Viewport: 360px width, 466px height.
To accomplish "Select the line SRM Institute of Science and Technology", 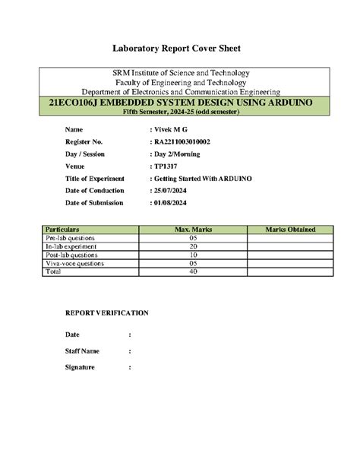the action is click(180, 73).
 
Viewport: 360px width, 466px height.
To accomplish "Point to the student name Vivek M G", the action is click(175, 130).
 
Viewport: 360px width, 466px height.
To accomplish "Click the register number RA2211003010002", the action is click(194, 142).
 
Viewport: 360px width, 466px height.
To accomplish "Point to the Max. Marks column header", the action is click(193, 229).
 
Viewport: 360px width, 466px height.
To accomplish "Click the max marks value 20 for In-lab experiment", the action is click(193, 246).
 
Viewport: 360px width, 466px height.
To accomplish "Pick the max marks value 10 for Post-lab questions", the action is click(193, 255).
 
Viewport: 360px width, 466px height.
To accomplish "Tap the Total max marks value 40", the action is click(193, 271).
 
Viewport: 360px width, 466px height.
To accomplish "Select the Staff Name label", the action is click(82, 351).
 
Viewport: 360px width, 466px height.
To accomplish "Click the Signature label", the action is click(80, 367).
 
